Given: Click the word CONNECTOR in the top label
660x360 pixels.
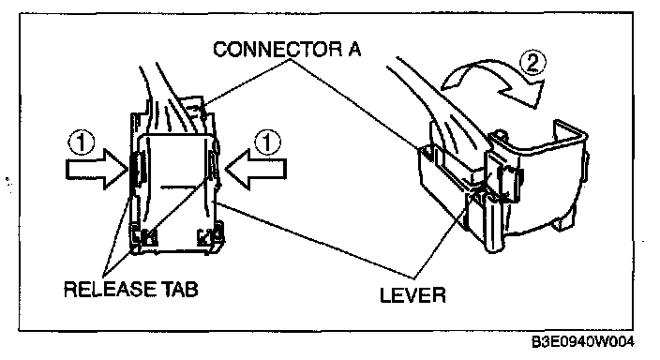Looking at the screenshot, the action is pyautogui.click(x=277, y=50).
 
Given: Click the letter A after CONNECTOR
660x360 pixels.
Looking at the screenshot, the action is pyautogui.click(x=354, y=50).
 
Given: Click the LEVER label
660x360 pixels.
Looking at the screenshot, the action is pyautogui.click(x=412, y=294).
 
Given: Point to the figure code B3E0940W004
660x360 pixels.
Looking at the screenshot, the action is pyautogui.click(x=582, y=342).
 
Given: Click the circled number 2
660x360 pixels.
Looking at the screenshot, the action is pyautogui.click(x=532, y=64).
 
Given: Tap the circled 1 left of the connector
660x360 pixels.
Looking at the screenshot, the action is pyautogui.click(x=81, y=142).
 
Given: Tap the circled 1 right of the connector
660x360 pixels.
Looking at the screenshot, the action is pyautogui.click(x=267, y=142).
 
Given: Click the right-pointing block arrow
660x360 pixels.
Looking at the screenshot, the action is pyautogui.click(x=97, y=170).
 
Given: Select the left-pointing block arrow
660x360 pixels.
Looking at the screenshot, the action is pyautogui.click(x=256, y=170).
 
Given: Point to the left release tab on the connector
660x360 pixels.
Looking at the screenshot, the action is pyautogui.click(x=136, y=170).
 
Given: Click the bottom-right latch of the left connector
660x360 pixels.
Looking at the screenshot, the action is pyautogui.click(x=210, y=236).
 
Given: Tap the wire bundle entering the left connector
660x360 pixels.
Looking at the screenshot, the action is pyautogui.click(x=172, y=101).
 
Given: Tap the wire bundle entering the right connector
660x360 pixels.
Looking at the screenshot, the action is pyautogui.click(x=433, y=101).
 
